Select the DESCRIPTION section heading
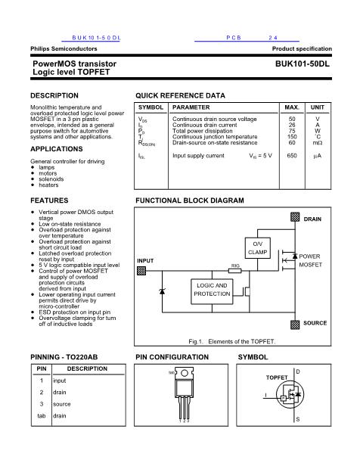pyautogui.click(x=54, y=96)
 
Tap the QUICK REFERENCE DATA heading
pyautogui.click(x=180, y=96)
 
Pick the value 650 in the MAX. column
pyautogui.click(x=292, y=155)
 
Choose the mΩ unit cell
pyautogui.click(x=318, y=142)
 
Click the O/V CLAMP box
pyautogui.click(x=257, y=247)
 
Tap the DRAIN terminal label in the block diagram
pyautogui.click(x=312, y=219)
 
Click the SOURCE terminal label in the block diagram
pyautogui.click(x=315, y=323)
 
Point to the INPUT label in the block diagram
pyautogui.click(x=146, y=261)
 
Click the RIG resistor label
pyautogui.click(x=235, y=266)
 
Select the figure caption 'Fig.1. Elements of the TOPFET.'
pyautogui.click(x=232, y=341)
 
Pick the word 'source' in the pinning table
pyautogui.click(x=61, y=404)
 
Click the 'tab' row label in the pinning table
pyautogui.click(x=42, y=416)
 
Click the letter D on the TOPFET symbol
pyautogui.click(x=297, y=372)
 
